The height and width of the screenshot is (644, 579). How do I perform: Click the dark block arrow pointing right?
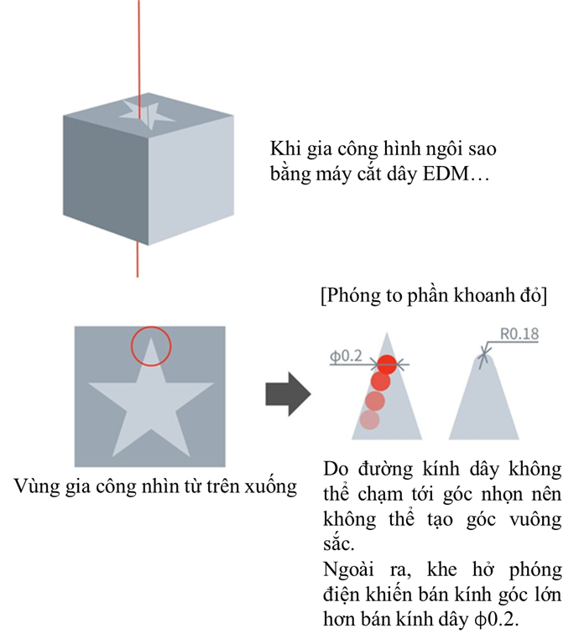click(x=288, y=394)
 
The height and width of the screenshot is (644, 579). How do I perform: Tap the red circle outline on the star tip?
click(x=132, y=346)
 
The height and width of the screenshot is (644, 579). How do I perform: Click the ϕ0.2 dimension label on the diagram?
click(x=346, y=356)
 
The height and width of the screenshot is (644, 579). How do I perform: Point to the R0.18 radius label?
click(x=519, y=334)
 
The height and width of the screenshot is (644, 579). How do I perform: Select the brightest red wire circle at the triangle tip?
click(x=387, y=364)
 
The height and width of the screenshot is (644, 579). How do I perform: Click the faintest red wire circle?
click(x=369, y=420)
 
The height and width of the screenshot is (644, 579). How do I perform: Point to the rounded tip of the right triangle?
click(x=483, y=356)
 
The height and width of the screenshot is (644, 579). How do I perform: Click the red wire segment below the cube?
click(x=138, y=259)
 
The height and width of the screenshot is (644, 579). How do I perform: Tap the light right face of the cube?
click(x=190, y=181)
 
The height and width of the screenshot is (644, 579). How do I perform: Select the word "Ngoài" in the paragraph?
click(x=348, y=569)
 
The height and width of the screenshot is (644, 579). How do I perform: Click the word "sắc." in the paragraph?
click(x=339, y=544)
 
